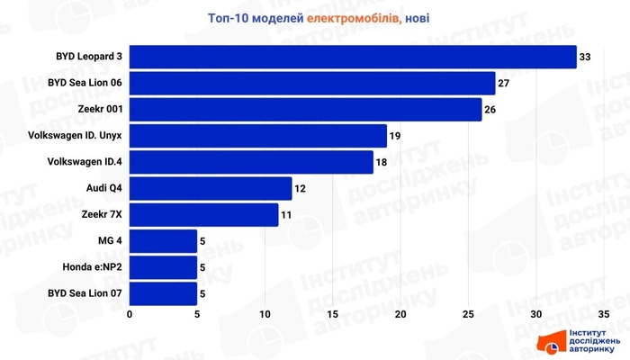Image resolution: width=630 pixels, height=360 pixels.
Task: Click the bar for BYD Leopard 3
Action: coord(353,58)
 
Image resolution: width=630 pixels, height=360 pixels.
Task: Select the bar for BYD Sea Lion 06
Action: coord(312,84)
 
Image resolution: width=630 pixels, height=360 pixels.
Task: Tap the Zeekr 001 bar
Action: coord(306,110)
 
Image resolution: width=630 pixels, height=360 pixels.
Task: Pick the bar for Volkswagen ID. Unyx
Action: coord(258,136)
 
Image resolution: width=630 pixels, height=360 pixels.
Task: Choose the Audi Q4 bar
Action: coord(211,188)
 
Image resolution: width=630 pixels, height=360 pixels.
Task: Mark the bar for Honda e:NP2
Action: coord(164,267)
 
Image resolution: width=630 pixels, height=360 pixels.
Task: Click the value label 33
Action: coord(585,58)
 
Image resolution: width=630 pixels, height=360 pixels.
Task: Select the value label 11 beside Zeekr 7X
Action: coord(287,215)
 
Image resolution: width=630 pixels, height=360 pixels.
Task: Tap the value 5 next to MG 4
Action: coord(203,241)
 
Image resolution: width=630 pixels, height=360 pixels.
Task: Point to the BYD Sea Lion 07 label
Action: coord(85,293)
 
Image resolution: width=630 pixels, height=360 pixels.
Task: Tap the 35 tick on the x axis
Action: coord(603,315)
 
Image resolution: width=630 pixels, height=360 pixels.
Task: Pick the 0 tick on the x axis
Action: coord(130,315)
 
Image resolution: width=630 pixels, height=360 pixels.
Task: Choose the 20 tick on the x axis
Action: coord(400,315)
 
